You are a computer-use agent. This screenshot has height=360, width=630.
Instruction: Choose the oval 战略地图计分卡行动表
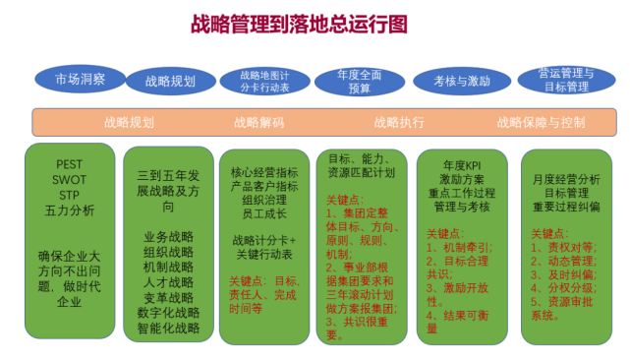coord(264,81)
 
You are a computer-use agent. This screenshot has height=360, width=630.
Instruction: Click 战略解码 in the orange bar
coord(259,123)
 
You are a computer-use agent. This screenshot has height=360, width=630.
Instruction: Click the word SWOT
coord(70,180)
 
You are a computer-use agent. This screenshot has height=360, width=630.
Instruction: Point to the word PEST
coord(70,165)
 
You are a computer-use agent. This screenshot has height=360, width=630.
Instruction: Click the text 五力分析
coord(70,210)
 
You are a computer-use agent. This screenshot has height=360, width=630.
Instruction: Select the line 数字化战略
coord(169,312)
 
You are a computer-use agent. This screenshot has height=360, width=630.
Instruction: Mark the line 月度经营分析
coord(565,179)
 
